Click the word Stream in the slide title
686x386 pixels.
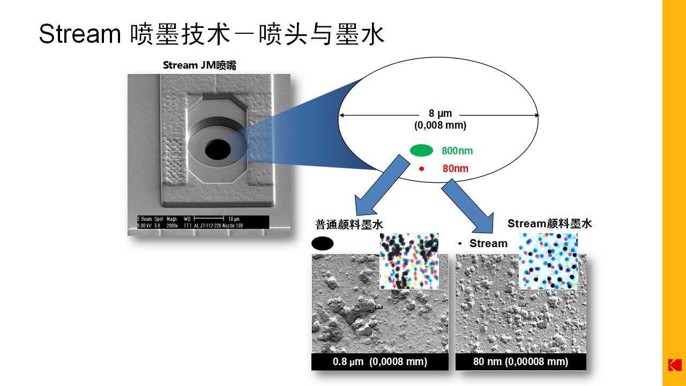[x=79, y=34]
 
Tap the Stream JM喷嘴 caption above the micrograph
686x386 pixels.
[x=199, y=65]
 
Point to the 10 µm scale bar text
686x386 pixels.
[x=234, y=220]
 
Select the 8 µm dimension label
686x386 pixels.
[x=440, y=114]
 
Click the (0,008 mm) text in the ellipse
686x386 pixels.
[x=440, y=125]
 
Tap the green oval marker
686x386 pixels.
[x=421, y=151]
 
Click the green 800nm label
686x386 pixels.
[x=457, y=151]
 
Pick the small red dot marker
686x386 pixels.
[x=421, y=169]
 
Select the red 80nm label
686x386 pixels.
[x=456, y=169]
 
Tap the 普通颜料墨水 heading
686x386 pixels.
[x=349, y=225]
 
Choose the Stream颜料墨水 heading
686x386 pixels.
[x=550, y=224]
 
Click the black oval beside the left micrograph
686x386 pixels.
[x=322, y=243]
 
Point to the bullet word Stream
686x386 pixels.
[x=488, y=243]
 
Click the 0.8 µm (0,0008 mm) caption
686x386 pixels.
[x=379, y=362]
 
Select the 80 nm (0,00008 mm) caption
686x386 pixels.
[x=520, y=362]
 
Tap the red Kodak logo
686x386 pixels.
[x=674, y=365]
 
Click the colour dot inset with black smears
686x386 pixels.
[x=409, y=261]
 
